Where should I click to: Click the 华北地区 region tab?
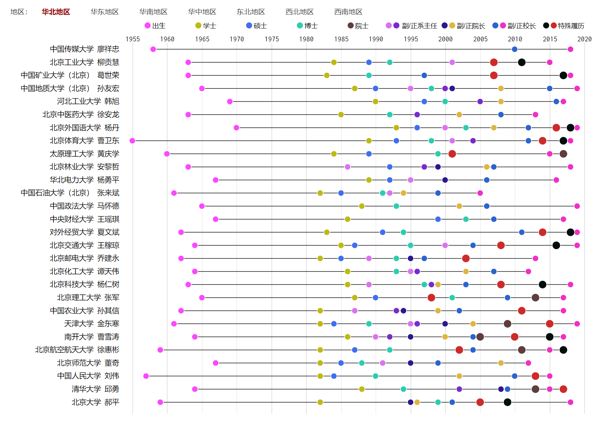[56, 12]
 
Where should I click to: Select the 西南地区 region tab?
[348, 12]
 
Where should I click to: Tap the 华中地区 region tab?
[202, 12]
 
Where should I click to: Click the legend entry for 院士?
[358, 26]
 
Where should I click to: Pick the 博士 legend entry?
[307, 26]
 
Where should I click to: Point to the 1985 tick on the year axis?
[341, 39]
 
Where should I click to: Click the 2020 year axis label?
[584, 39]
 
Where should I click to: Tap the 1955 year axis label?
[133, 39]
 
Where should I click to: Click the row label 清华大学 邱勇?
[95, 389]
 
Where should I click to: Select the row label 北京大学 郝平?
[95, 402]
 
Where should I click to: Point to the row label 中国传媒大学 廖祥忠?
[84, 49]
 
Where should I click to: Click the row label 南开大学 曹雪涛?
[91, 337]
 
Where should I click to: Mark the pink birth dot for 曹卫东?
[132, 141]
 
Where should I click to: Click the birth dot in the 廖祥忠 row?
[153, 49]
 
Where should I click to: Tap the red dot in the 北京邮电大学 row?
[466, 259]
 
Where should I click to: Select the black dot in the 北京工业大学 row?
[522, 62]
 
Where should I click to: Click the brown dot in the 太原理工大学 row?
[563, 154]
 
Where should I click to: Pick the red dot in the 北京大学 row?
[480, 402]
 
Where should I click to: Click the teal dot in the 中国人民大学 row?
[375, 376]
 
